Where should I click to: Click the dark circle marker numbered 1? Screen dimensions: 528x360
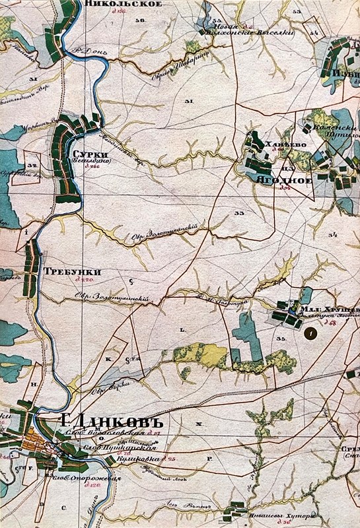(x=310, y=335)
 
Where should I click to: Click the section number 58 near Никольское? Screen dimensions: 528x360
(x=139, y=21)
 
